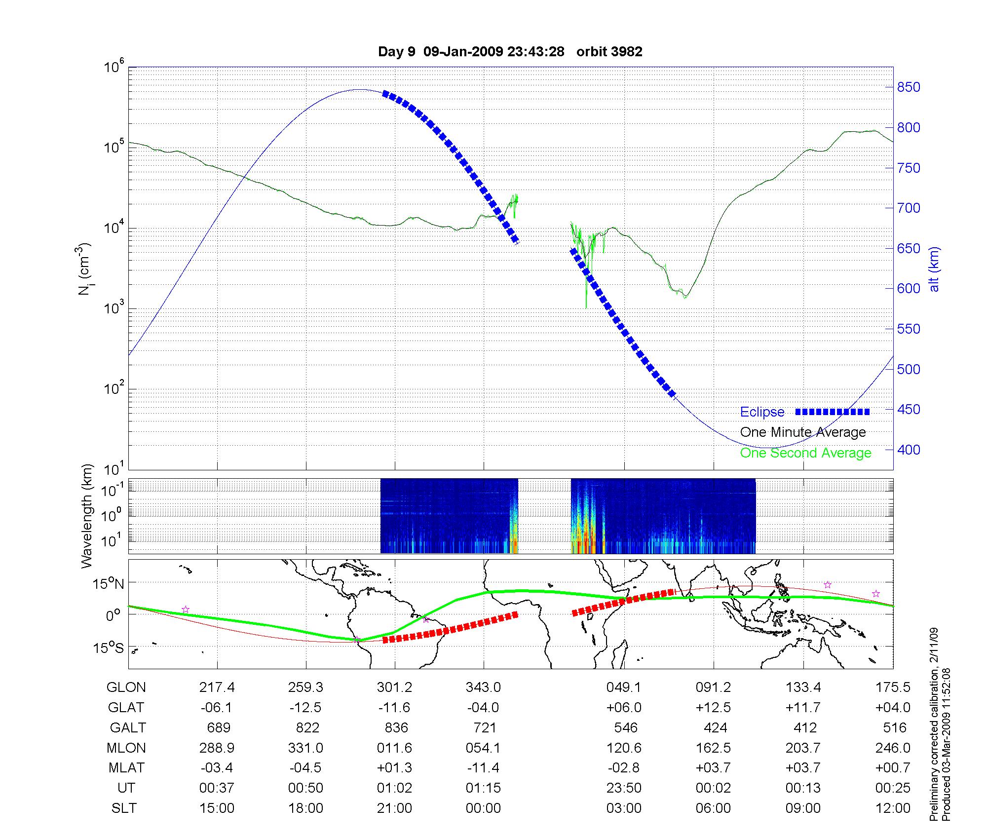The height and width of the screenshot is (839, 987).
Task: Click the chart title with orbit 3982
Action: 510,52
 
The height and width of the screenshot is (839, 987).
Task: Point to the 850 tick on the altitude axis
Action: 908,87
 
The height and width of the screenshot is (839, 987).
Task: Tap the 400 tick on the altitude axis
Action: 908,450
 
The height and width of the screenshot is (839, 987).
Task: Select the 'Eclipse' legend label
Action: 762,412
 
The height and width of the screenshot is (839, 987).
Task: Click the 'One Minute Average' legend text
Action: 803,432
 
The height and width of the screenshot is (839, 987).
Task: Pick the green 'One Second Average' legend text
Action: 805,453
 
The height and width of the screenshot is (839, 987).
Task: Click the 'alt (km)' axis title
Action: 934,269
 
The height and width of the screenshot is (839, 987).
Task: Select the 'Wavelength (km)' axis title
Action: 87,516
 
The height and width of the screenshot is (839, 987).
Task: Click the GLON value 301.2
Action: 394,687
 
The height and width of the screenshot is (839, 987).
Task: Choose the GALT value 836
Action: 396,728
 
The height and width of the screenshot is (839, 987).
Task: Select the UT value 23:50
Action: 624,788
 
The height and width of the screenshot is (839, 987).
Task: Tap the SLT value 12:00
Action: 893,808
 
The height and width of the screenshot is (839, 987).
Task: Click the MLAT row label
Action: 126,768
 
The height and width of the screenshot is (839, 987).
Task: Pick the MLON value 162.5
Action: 713,748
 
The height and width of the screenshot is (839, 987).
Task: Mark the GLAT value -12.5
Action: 305,708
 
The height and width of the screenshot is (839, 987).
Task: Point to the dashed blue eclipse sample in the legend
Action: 832,412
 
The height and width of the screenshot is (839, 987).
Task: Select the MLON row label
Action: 126,748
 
